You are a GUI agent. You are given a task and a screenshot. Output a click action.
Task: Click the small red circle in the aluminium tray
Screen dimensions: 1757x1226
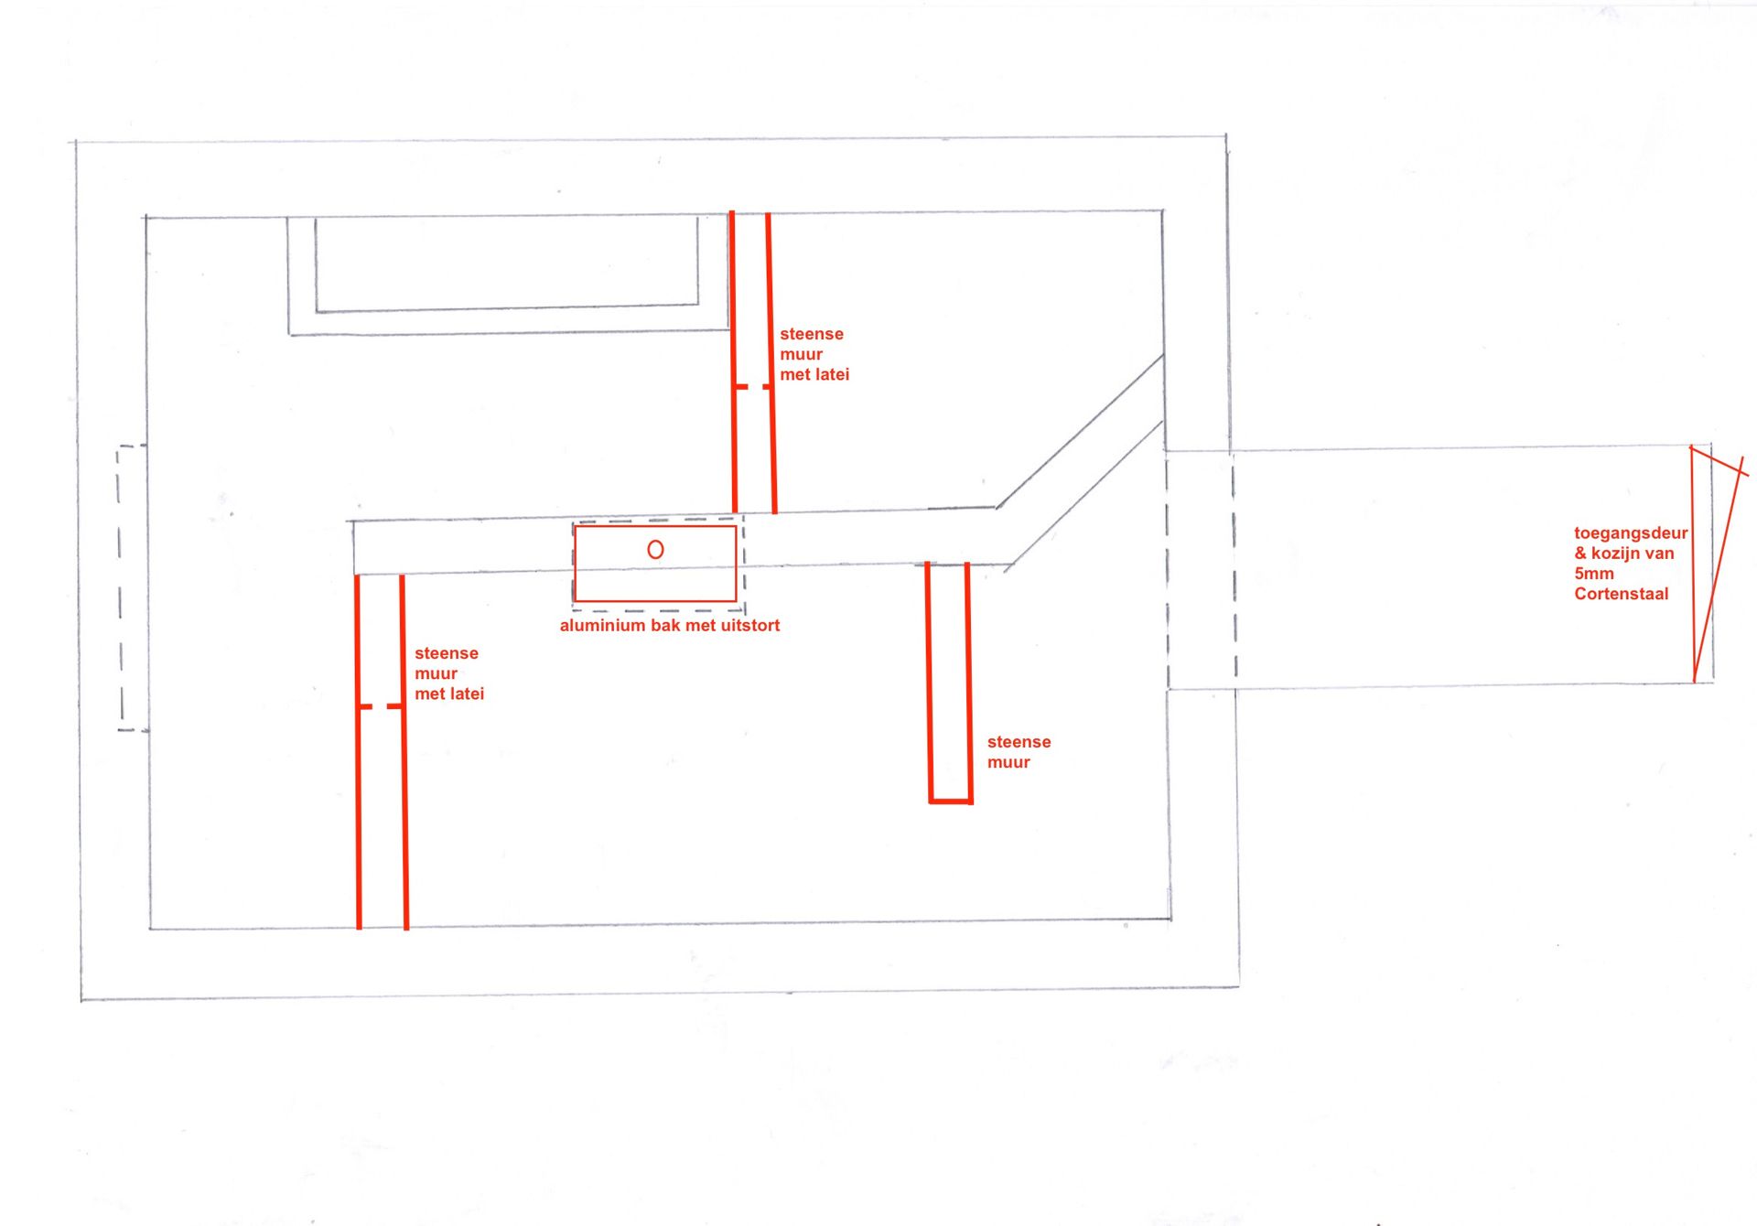pos(655,550)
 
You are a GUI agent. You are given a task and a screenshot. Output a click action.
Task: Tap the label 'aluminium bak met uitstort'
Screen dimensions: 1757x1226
pos(669,626)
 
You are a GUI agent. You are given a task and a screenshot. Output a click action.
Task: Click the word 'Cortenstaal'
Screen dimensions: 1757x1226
pos(1621,594)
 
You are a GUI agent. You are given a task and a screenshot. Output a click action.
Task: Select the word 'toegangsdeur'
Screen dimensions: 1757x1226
pos(1630,533)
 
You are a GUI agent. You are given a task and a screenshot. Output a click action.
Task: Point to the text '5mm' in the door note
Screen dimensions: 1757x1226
pos(1593,574)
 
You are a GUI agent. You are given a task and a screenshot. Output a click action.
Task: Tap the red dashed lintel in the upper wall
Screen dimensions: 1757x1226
pos(752,387)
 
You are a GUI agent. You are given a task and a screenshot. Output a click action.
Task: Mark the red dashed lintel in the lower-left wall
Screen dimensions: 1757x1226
pos(381,706)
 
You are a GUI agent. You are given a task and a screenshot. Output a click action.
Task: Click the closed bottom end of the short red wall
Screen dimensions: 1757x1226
pos(950,801)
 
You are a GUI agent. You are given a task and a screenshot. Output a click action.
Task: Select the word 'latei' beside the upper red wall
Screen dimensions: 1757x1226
pos(827,374)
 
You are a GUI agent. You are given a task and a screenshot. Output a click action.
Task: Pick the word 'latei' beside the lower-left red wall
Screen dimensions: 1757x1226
pos(462,694)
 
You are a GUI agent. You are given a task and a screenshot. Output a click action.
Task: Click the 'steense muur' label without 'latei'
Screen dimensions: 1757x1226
pos(1018,752)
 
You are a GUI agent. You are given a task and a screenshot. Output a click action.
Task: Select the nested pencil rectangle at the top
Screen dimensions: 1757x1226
pos(508,274)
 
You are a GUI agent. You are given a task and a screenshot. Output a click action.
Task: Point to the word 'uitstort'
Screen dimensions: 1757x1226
pos(749,626)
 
